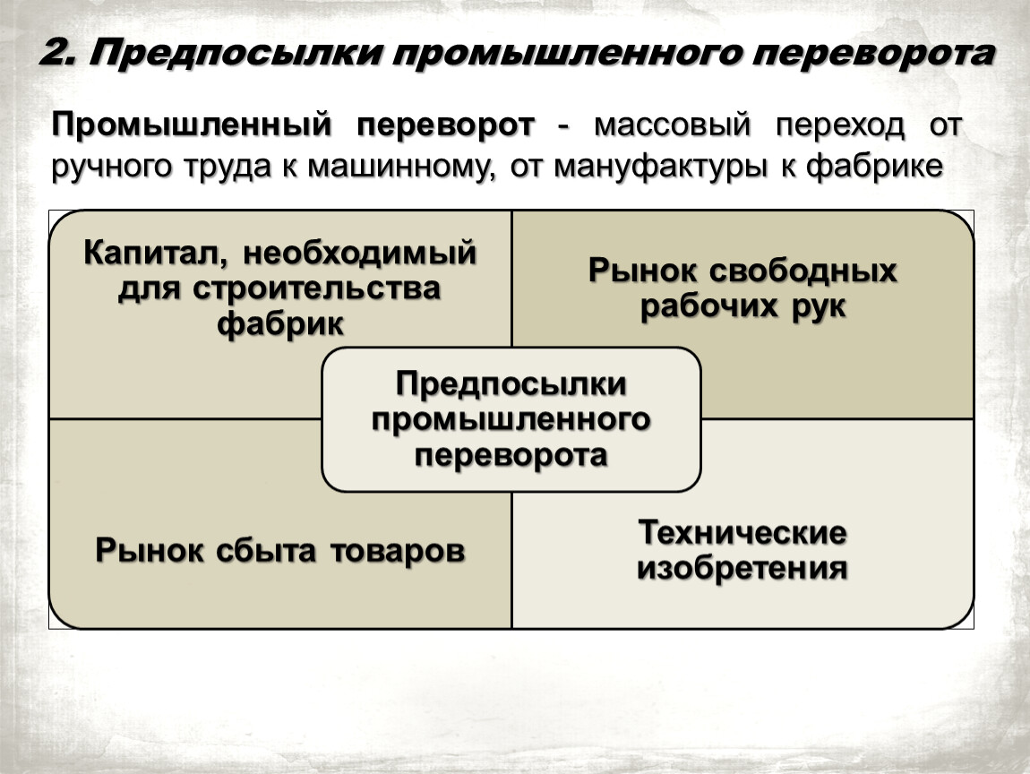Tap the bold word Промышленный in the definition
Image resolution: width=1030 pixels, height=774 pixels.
(191, 125)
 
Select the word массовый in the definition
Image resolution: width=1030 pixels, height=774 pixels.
(672, 125)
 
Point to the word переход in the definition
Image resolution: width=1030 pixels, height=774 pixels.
(839, 125)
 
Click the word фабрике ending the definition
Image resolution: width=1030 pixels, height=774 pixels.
(874, 166)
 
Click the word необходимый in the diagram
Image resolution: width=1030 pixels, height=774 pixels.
(359, 253)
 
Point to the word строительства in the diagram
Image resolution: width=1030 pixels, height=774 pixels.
(317, 288)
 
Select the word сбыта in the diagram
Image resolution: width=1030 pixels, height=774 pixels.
(265, 550)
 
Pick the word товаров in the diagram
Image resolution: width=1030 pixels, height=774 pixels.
(398, 551)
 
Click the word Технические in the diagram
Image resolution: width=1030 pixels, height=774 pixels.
(742, 532)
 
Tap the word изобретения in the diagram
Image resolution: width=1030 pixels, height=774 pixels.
(742, 568)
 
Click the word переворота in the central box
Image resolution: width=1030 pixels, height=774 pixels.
(511, 456)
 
